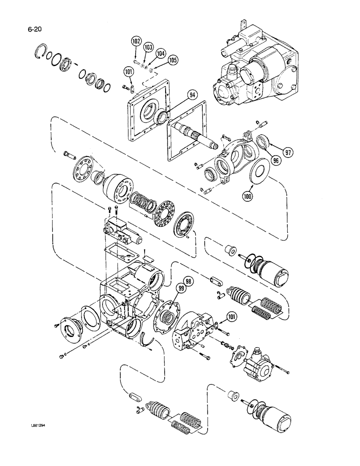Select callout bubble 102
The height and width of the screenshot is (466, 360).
pos(136,42)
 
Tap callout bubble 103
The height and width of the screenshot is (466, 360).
pos(148,48)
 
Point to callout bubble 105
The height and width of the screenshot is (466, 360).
pos(173,60)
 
